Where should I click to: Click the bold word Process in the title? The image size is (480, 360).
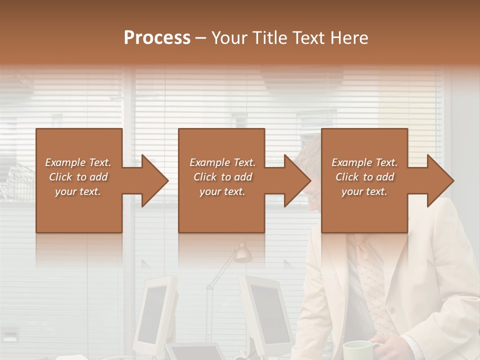[x=157, y=38]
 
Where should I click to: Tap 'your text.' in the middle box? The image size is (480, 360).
[x=222, y=191]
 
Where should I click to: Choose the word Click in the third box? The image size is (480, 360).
[x=347, y=177]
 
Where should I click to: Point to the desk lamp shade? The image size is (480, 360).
[x=243, y=254]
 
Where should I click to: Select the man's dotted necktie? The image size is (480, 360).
[x=372, y=280]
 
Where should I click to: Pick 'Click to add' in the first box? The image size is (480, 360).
[x=78, y=177]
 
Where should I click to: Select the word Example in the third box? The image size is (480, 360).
[x=351, y=162]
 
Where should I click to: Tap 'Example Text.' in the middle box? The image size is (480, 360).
[x=222, y=162]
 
